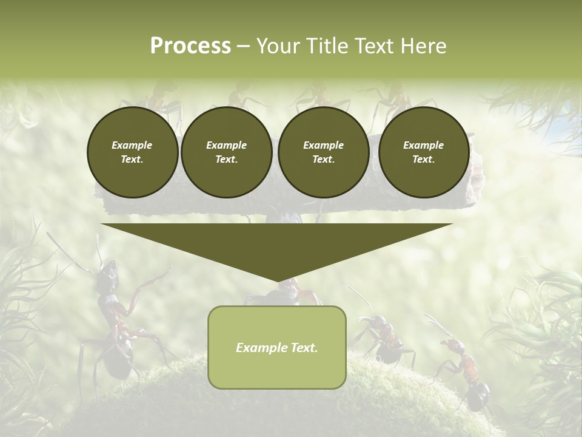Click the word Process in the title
point(190,46)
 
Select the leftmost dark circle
point(133,152)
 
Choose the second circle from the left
point(227,152)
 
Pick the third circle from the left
point(324,152)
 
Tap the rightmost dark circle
point(424,152)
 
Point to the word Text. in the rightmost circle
point(424,160)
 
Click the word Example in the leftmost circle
point(132,145)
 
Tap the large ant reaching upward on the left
point(118,322)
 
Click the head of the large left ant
point(109,273)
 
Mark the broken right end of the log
point(477,176)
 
